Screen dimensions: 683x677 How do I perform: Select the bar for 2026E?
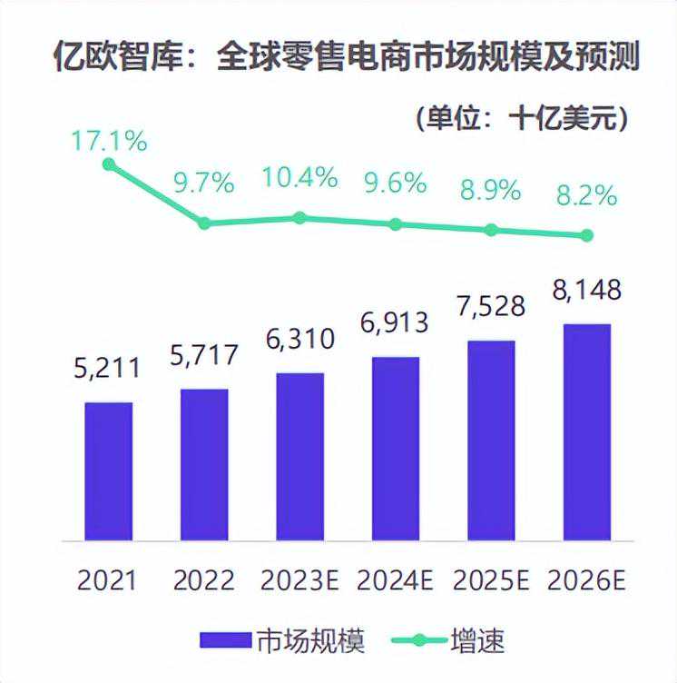[x=587, y=431]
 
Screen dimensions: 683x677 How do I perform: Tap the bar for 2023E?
[x=299, y=456]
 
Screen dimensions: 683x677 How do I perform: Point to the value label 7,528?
[x=491, y=306]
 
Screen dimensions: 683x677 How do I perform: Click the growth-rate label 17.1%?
[x=109, y=141]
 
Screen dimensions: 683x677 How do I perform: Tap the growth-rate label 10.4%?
[x=299, y=177]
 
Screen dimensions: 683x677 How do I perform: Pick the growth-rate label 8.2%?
[x=585, y=194]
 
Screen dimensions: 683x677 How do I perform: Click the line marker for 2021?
[x=109, y=164]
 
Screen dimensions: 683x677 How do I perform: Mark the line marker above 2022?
[x=204, y=223]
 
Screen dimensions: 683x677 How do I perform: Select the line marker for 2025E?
[x=491, y=230]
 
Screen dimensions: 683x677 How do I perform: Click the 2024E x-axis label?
[x=396, y=579]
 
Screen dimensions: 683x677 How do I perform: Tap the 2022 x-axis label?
[x=204, y=579]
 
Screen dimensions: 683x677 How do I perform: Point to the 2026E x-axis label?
[x=587, y=579]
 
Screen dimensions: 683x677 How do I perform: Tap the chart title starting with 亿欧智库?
[x=338, y=59]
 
